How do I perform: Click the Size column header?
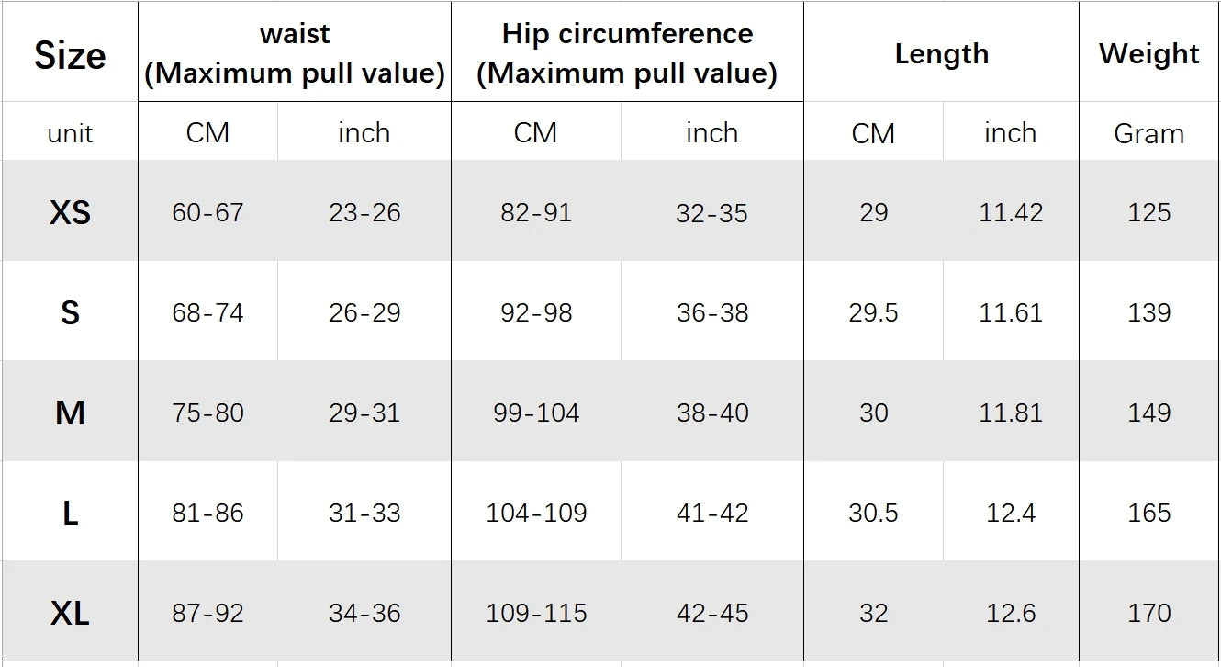[x=70, y=55]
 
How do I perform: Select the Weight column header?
[x=1148, y=54]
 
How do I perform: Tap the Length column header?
[x=941, y=54]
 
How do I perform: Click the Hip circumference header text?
[x=627, y=35]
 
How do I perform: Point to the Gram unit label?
[x=1148, y=134]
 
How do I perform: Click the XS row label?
[x=70, y=213]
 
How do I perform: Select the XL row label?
[x=70, y=613]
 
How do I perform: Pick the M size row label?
[x=70, y=413]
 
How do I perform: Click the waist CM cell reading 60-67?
[x=207, y=213]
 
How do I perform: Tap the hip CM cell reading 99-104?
[x=536, y=413]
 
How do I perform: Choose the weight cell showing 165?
[x=1148, y=513]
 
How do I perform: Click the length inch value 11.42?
[x=1011, y=213]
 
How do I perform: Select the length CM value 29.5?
[x=873, y=313]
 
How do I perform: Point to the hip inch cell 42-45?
[x=712, y=613]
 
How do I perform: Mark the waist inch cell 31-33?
[x=364, y=513]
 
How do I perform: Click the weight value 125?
[x=1148, y=213]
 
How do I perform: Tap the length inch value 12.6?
[x=1011, y=613]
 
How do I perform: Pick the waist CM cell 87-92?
[x=207, y=613]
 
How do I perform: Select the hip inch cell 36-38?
[x=712, y=313]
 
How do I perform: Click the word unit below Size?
[x=70, y=134]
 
